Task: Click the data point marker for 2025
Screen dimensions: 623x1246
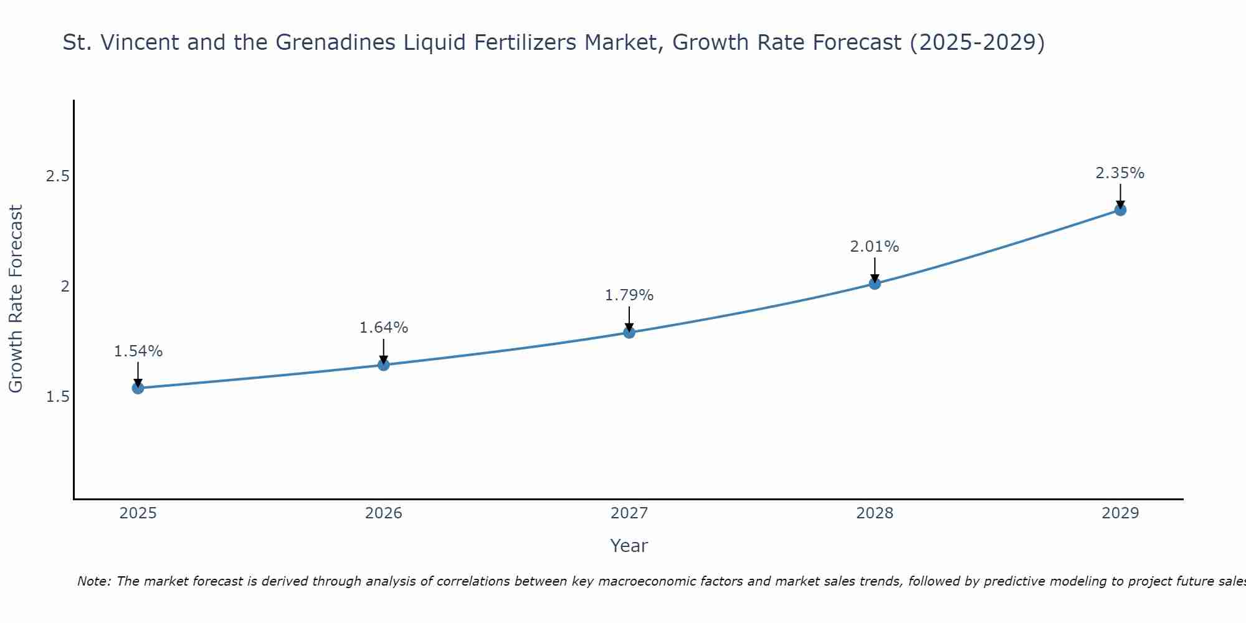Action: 138,388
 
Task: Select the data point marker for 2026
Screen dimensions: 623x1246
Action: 384,364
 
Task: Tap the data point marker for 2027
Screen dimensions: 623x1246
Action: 629,332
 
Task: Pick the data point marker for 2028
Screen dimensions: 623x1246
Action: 875,283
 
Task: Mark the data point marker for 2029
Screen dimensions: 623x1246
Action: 1120,210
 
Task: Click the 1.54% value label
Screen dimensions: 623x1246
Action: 138,351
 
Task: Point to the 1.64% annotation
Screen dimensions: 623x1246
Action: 384,328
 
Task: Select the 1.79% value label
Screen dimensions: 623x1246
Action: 629,295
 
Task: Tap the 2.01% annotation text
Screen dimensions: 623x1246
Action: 875,247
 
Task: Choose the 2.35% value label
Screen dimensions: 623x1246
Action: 1120,173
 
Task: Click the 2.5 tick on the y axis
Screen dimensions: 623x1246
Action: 57,176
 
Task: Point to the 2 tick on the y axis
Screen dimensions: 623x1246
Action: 64,287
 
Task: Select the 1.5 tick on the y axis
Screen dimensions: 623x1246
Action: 57,397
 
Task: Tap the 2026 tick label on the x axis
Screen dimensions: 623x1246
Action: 384,513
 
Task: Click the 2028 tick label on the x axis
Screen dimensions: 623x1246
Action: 875,513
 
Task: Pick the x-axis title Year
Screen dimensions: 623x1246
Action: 629,546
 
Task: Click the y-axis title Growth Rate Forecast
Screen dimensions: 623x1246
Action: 16,299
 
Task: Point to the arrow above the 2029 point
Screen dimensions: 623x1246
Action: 1120,196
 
